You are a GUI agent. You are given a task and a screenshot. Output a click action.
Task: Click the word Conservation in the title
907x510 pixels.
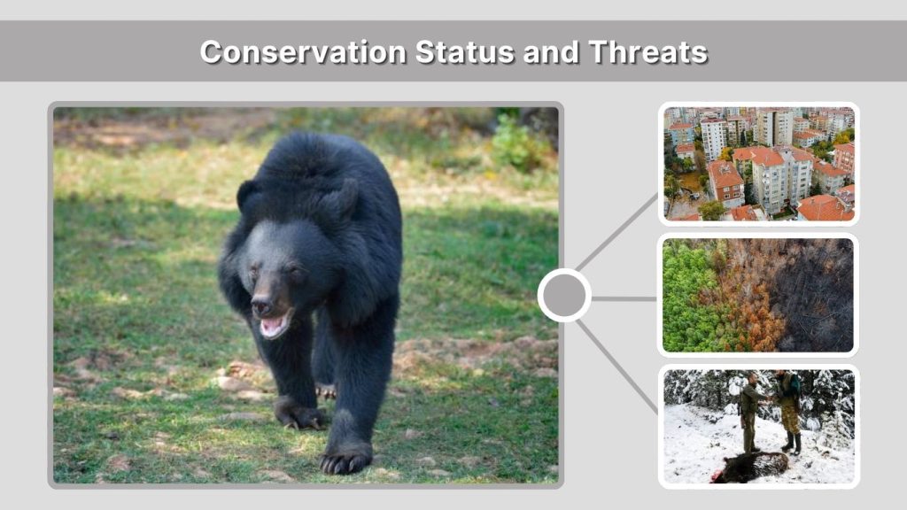click(x=302, y=51)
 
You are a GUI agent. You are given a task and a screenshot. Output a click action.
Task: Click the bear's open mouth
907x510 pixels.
click(x=274, y=325)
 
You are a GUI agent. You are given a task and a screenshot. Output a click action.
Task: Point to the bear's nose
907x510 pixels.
click(x=262, y=306)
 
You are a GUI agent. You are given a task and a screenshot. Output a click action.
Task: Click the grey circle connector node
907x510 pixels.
click(x=564, y=296)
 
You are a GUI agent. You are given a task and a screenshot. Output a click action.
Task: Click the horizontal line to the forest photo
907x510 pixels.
click(x=624, y=298)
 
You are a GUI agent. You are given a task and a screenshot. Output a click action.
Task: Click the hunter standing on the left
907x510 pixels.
click(x=748, y=412)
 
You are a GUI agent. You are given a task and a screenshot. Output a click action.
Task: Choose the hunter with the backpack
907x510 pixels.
click(x=787, y=407)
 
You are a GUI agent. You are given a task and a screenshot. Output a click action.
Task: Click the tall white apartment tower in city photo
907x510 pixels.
click(x=774, y=127)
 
